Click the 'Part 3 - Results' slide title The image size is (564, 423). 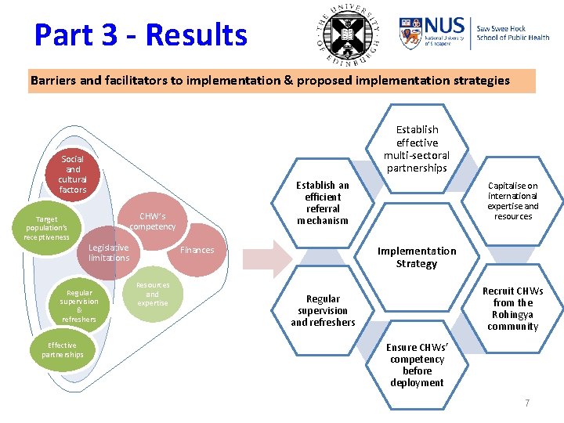141,35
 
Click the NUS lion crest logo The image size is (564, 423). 410,34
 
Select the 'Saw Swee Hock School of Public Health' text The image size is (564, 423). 512,33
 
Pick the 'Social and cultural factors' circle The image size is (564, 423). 73,174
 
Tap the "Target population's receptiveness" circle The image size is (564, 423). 46,227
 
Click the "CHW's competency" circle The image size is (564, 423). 153,222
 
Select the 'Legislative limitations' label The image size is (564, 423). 109,253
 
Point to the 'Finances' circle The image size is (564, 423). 197,251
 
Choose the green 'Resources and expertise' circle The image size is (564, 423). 153,294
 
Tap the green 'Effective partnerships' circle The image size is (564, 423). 63,350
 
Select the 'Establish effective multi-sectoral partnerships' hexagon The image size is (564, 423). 417,149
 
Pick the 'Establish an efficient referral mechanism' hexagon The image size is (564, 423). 323,203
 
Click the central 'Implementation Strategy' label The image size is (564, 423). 417,257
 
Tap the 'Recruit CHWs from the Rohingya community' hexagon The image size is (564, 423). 513,309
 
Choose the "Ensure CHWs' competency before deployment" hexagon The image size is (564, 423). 417,364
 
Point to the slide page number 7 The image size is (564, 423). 527,403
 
